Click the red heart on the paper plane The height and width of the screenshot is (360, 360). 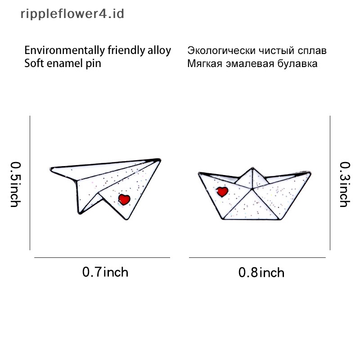(124, 198)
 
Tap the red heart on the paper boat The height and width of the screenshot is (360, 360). (222, 192)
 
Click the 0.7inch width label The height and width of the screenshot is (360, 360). (105, 272)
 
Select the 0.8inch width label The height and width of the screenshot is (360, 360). (261, 272)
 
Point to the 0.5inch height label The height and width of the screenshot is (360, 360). (15, 184)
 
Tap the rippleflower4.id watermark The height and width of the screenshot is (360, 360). (72, 14)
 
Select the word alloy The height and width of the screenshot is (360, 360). (159, 50)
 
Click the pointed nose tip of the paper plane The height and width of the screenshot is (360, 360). (160, 159)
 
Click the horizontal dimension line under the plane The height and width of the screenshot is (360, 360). (102, 257)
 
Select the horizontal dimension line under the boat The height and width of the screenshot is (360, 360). (257, 257)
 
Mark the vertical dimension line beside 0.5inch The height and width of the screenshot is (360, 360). (30, 182)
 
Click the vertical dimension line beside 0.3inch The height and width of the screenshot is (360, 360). (330, 182)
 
